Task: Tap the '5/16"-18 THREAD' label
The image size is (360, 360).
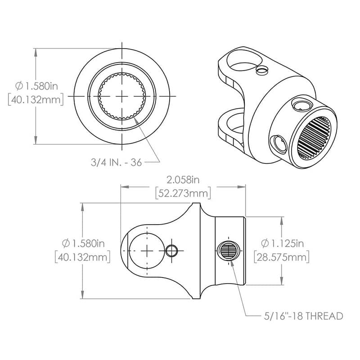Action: point(303,315)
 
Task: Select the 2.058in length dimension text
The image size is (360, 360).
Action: point(182,180)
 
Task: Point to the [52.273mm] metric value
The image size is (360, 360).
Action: point(183,193)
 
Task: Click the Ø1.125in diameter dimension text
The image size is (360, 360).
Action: point(282,243)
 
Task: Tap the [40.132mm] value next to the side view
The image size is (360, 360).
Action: point(83,257)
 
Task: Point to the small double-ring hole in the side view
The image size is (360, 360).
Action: point(171,251)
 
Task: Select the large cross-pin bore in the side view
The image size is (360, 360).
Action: point(147,251)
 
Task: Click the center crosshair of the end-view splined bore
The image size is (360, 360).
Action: point(122,97)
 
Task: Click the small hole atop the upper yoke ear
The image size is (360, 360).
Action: point(261,69)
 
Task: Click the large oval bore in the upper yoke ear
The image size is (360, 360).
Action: point(238,61)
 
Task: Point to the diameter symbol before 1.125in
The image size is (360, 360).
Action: point(265,243)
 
